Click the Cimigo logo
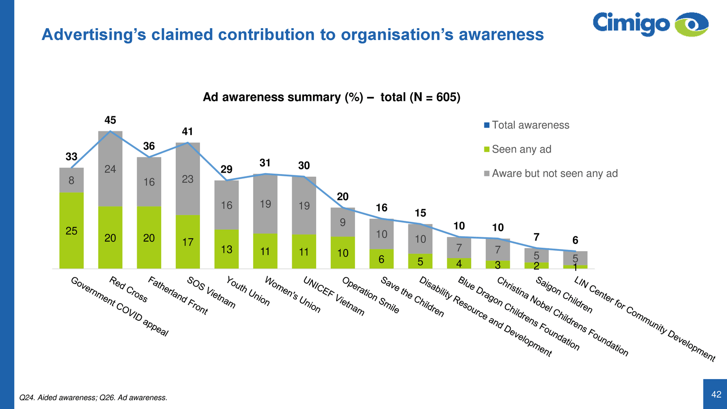650,24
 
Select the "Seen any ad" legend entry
521,150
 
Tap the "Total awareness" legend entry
530,125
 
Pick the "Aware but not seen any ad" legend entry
554,174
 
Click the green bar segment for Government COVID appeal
71,230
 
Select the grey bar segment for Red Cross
110,169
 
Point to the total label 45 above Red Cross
110,120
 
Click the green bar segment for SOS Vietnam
188,242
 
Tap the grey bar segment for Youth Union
227,205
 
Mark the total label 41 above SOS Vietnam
188,132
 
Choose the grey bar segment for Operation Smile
343,222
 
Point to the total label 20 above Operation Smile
343,197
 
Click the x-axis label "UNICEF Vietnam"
334,296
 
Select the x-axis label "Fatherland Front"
178,296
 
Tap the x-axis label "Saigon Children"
564,295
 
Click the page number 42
716,394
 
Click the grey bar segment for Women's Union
265,204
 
